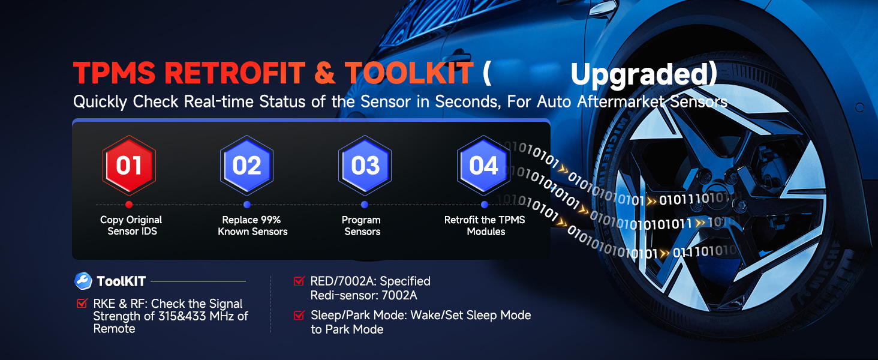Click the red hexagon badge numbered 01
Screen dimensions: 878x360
click(x=129, y=166)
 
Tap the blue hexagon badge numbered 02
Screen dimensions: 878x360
click(x=246, y=166)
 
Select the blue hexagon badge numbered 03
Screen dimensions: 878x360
click(x=365, y=166)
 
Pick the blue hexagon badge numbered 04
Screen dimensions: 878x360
click(x=484, y=166)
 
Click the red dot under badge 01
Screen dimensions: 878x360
click(x=129, y=205)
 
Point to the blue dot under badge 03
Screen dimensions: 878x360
click(x=365, y=205)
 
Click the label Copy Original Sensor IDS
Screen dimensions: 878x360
click(x=131, y=226)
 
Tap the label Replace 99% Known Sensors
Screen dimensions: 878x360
click(x=252, y=226)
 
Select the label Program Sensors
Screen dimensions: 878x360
click(x=362, y=226)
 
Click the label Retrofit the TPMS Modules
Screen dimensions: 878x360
click(x=485, y=226)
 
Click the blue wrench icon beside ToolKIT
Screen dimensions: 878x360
click(x=83, y=281)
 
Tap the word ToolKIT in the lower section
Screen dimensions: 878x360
click(x=121, y=281)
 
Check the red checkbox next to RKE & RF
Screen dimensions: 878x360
click(x=82, y=303)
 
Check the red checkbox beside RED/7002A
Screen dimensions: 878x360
click(x=299, y=281)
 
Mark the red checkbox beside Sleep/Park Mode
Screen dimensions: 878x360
click(x=299, y=315)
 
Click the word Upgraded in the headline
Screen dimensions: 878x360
click(x=640, y=74)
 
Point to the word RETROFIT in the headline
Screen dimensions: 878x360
click(x=234, y=73)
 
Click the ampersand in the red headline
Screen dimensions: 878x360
click(x=325, y=73)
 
